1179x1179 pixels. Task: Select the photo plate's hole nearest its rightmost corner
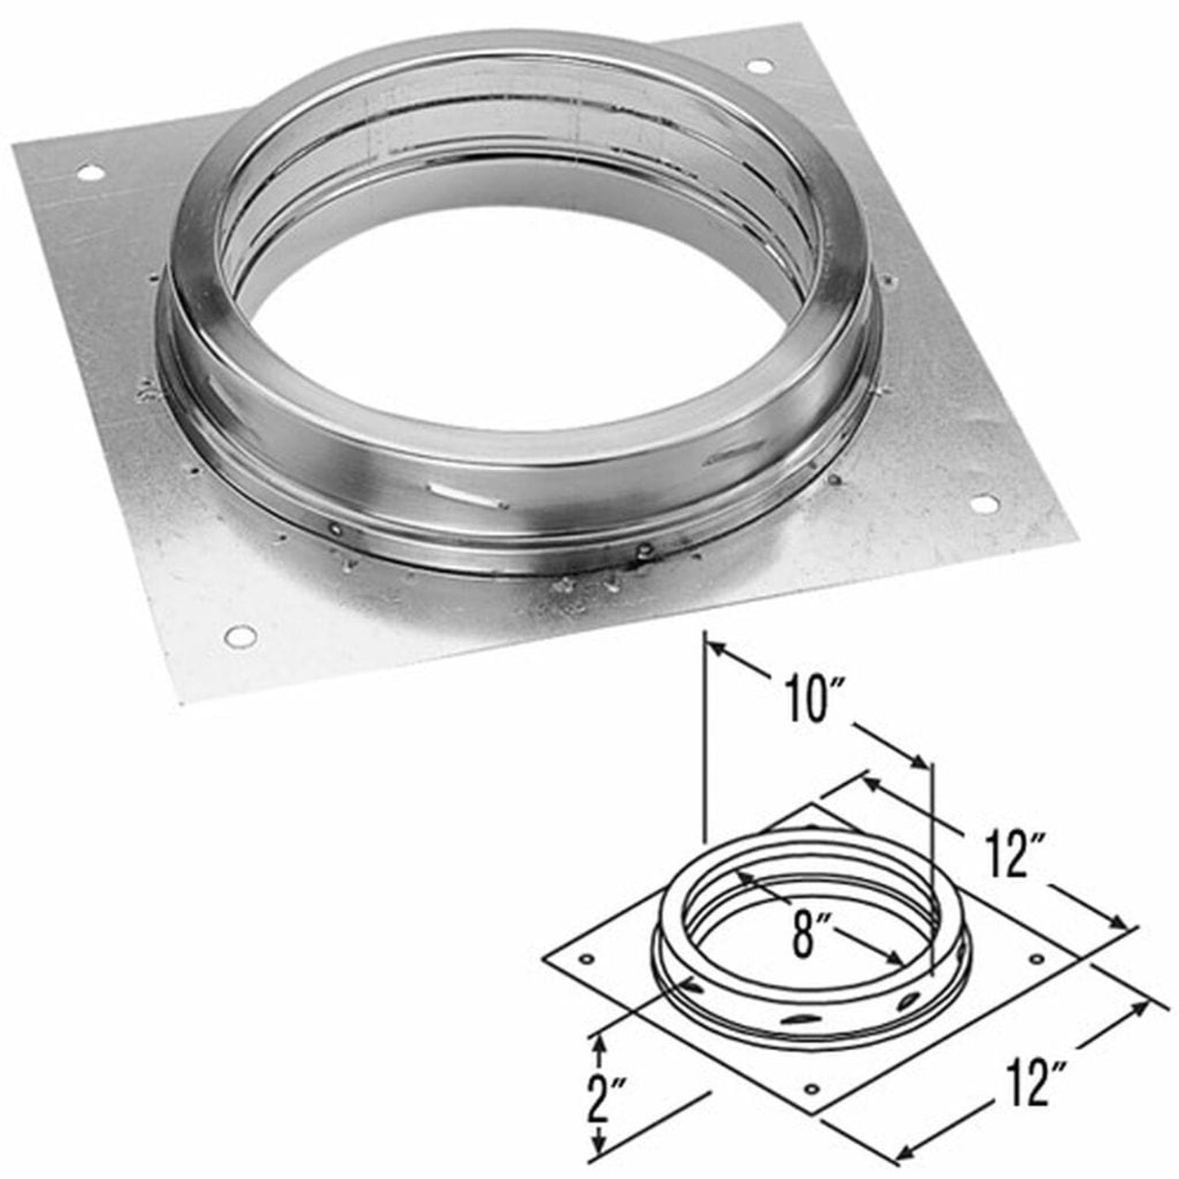983,503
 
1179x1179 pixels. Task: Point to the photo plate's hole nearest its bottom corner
239,632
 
